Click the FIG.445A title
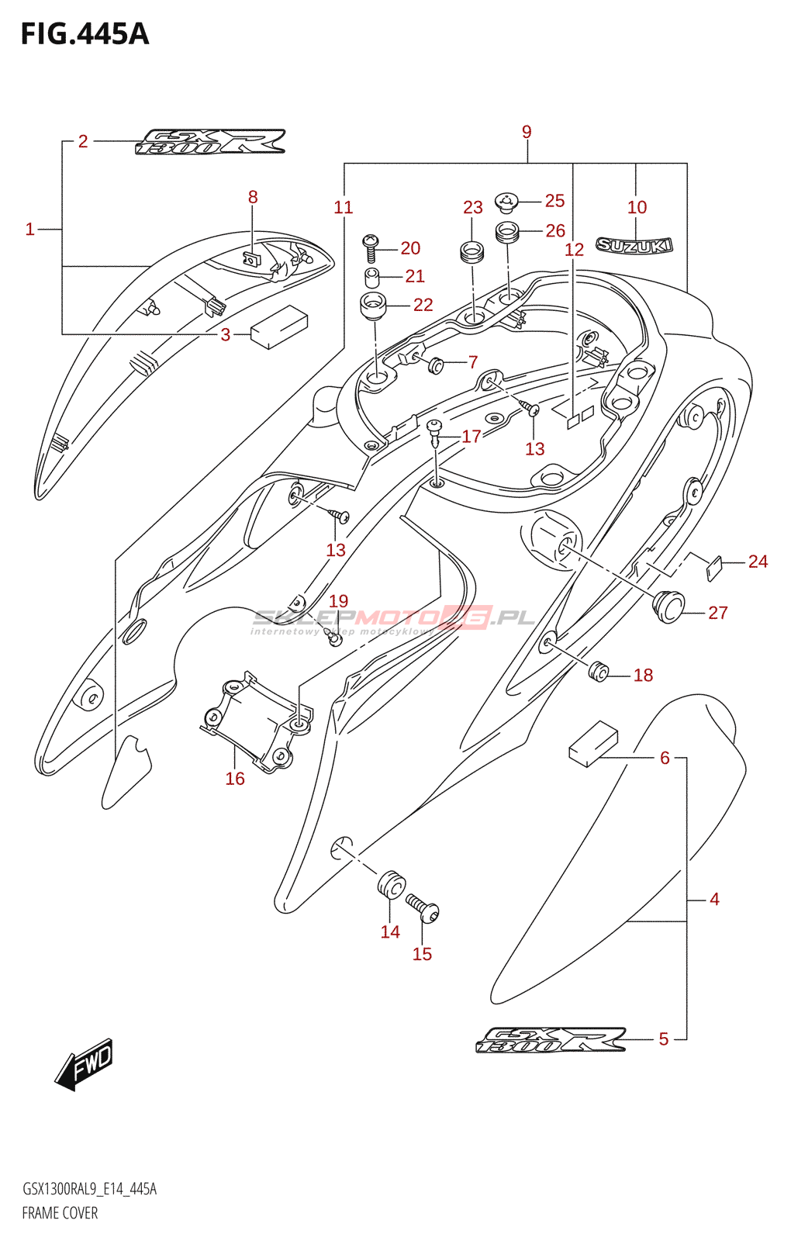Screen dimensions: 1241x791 click(85, 34)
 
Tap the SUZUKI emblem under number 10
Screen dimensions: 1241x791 click(634, 246)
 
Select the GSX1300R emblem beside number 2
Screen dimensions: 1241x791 click(210, 142)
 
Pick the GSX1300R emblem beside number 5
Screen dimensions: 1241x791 click(550, 1040)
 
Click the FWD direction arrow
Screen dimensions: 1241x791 click(85, 1063)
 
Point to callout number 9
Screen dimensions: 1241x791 click(527, 132)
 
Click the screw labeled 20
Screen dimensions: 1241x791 click(370, 249)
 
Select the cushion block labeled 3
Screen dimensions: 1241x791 click(278, 327)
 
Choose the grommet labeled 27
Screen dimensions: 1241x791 click(669, 606)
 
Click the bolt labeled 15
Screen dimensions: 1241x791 click(423, 908)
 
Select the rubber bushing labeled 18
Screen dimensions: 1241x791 click(597, 672)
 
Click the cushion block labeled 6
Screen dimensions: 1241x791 click(593, 743)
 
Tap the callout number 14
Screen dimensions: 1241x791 click(390, 932)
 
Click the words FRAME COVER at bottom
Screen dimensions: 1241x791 click(60, 1212)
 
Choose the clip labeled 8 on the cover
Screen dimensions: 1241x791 click(251, 257)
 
